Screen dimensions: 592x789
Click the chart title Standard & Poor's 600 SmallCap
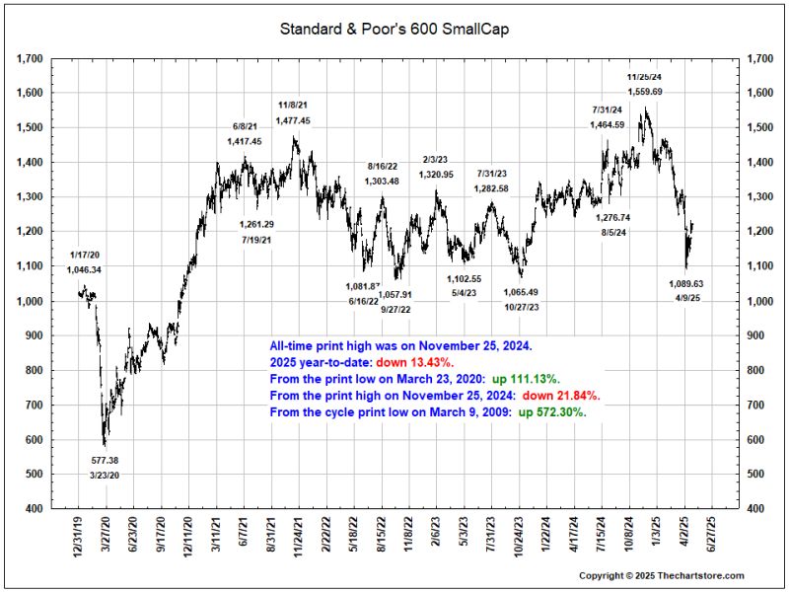[x=394, y=30]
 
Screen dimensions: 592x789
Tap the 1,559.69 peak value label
[x=645, y=92]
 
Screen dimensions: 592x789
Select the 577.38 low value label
[x=105, y=460]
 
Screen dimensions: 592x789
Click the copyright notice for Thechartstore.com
[x=661, y=575]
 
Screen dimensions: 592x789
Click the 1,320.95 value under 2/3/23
[x=436, y=175]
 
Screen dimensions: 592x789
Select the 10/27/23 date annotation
[x=521, y=307]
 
